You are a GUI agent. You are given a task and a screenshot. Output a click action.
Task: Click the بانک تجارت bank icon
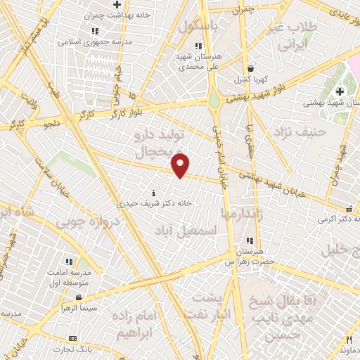[72, 339]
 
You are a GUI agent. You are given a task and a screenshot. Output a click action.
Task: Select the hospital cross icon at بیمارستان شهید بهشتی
[340, 91]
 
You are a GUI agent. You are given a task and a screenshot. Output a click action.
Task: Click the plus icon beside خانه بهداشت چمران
[117, 5]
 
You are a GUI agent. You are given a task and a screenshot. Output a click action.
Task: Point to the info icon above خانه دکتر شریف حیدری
[154, 192]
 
